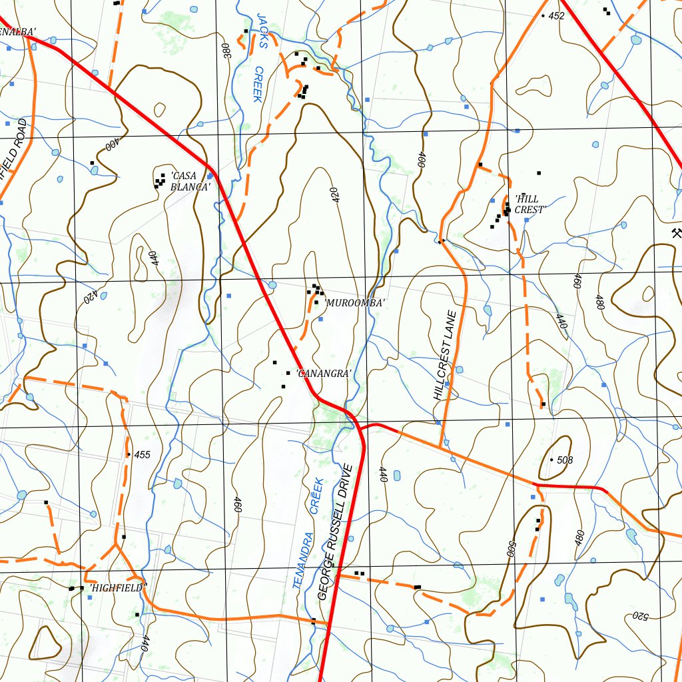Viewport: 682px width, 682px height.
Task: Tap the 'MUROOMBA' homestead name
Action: coord(354,303)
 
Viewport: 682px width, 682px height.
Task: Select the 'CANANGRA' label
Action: coord(323,374)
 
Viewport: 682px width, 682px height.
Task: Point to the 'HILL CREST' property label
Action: coord(530,204)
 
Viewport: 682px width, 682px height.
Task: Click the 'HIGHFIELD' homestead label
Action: coord(118,588)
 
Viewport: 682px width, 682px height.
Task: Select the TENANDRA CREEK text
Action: coord(307,533)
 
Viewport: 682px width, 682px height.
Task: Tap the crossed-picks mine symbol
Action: coord(676,232)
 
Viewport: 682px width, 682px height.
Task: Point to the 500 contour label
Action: coord(511,548)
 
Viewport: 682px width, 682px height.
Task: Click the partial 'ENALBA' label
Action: coord(17,31)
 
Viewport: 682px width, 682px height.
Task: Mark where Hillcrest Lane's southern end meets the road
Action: coord(441,446)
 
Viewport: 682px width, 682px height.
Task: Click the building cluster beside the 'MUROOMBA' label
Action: coord(316,290)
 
